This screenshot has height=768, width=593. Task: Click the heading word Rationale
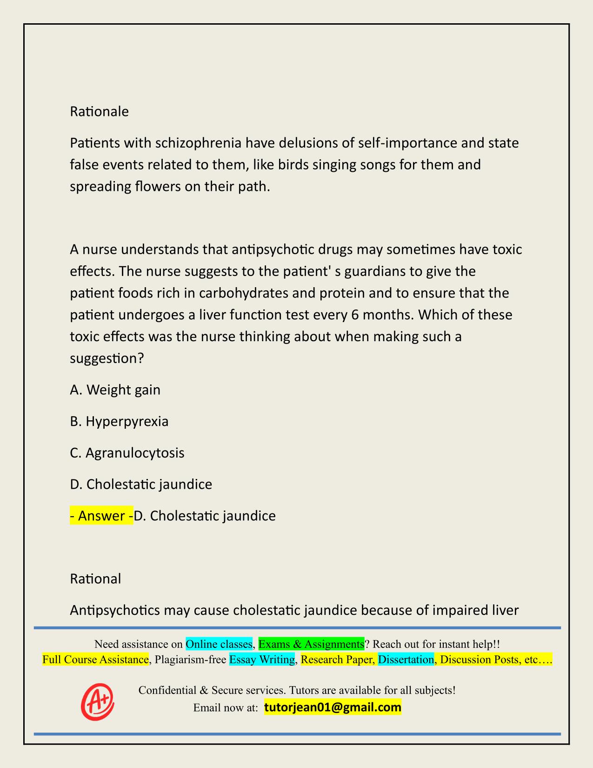99,112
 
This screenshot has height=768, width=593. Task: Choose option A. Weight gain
115,390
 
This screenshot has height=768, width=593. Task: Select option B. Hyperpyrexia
119,421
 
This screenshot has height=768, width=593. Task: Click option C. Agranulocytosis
127,453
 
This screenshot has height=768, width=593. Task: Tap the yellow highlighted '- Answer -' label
101,516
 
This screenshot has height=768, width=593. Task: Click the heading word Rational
95,579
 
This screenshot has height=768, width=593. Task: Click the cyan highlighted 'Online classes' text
219,644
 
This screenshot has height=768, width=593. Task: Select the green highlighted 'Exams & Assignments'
311,644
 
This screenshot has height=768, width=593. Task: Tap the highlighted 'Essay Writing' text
262,660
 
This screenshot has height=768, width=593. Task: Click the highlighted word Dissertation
406,660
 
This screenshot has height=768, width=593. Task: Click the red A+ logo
98,702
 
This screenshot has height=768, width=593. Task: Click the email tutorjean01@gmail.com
333,708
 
